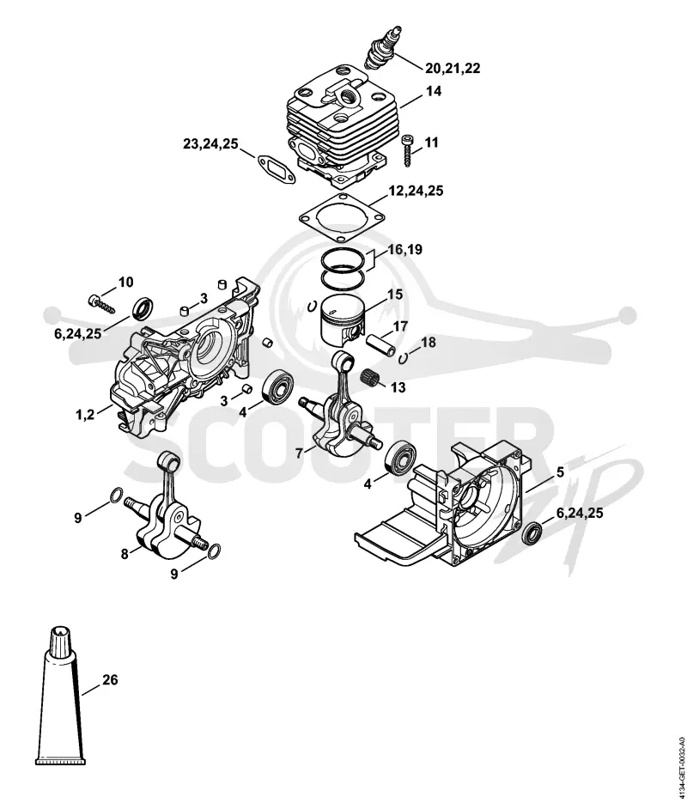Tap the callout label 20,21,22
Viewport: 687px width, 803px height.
pos(453,68)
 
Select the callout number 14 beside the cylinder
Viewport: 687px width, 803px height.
pos(433,91)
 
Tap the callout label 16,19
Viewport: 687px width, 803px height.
pos(405,250)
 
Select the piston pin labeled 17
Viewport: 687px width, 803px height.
pos(380,346)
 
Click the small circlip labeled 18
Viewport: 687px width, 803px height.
pos(404,357)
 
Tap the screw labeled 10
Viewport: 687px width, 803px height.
pos(101,303)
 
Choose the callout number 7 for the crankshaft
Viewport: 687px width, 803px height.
pos(299,453)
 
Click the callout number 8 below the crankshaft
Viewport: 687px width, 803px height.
pos(125,553)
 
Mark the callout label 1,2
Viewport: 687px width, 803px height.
pos(86,414)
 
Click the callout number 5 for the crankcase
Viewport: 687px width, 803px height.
pos(561,472)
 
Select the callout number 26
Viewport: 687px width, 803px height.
pos(110,680)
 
